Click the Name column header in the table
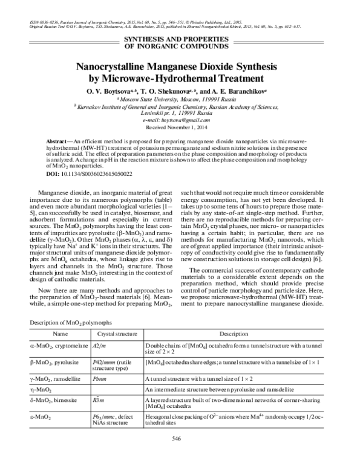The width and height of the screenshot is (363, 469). [60, 334]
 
